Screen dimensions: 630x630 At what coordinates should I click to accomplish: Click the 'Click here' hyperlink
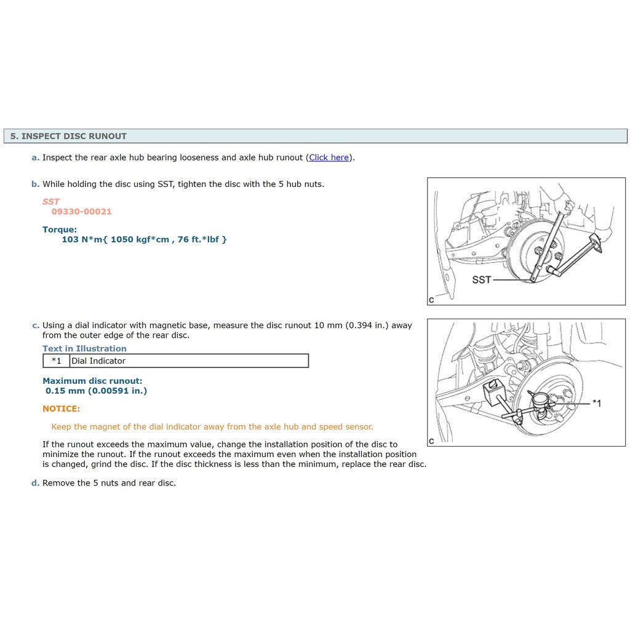click(329, 157)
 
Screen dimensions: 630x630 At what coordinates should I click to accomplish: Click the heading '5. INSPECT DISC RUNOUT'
click(68, 136)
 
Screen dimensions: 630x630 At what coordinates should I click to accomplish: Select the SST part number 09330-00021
click(82, 212)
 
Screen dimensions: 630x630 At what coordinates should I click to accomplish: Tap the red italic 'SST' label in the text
click(51, 202)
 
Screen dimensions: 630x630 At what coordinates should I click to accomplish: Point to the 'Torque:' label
click(60, 229)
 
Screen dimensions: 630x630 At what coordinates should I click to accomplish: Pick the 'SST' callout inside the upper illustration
click(481, 280)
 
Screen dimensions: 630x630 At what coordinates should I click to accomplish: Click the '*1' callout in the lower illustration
click(597, 403)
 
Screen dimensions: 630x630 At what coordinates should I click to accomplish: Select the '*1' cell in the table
click(56, 361)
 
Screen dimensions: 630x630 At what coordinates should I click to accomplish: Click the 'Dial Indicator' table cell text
click(98, 361)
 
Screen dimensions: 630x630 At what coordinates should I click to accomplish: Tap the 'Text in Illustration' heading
click(84, 349)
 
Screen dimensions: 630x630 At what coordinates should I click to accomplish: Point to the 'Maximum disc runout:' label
click(92, 381)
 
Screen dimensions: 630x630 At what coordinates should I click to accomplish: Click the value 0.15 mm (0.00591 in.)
click(96, 391)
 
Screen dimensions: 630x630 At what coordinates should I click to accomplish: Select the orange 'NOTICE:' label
click(61, 409)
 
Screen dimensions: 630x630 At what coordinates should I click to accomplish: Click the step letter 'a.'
click(35, 157)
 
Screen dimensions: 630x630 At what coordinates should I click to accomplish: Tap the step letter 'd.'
click(35, 483)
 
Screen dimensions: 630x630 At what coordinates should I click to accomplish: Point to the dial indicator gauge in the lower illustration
click(540, 401)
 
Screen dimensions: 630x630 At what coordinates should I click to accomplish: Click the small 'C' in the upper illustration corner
click(431, 300)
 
